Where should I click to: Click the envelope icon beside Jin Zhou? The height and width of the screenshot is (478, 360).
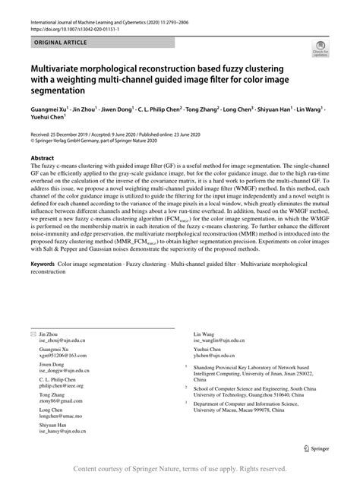point(33,334)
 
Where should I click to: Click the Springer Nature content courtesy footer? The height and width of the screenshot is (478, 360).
point(179,469)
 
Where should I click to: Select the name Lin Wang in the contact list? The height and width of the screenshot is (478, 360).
point(204,334)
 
